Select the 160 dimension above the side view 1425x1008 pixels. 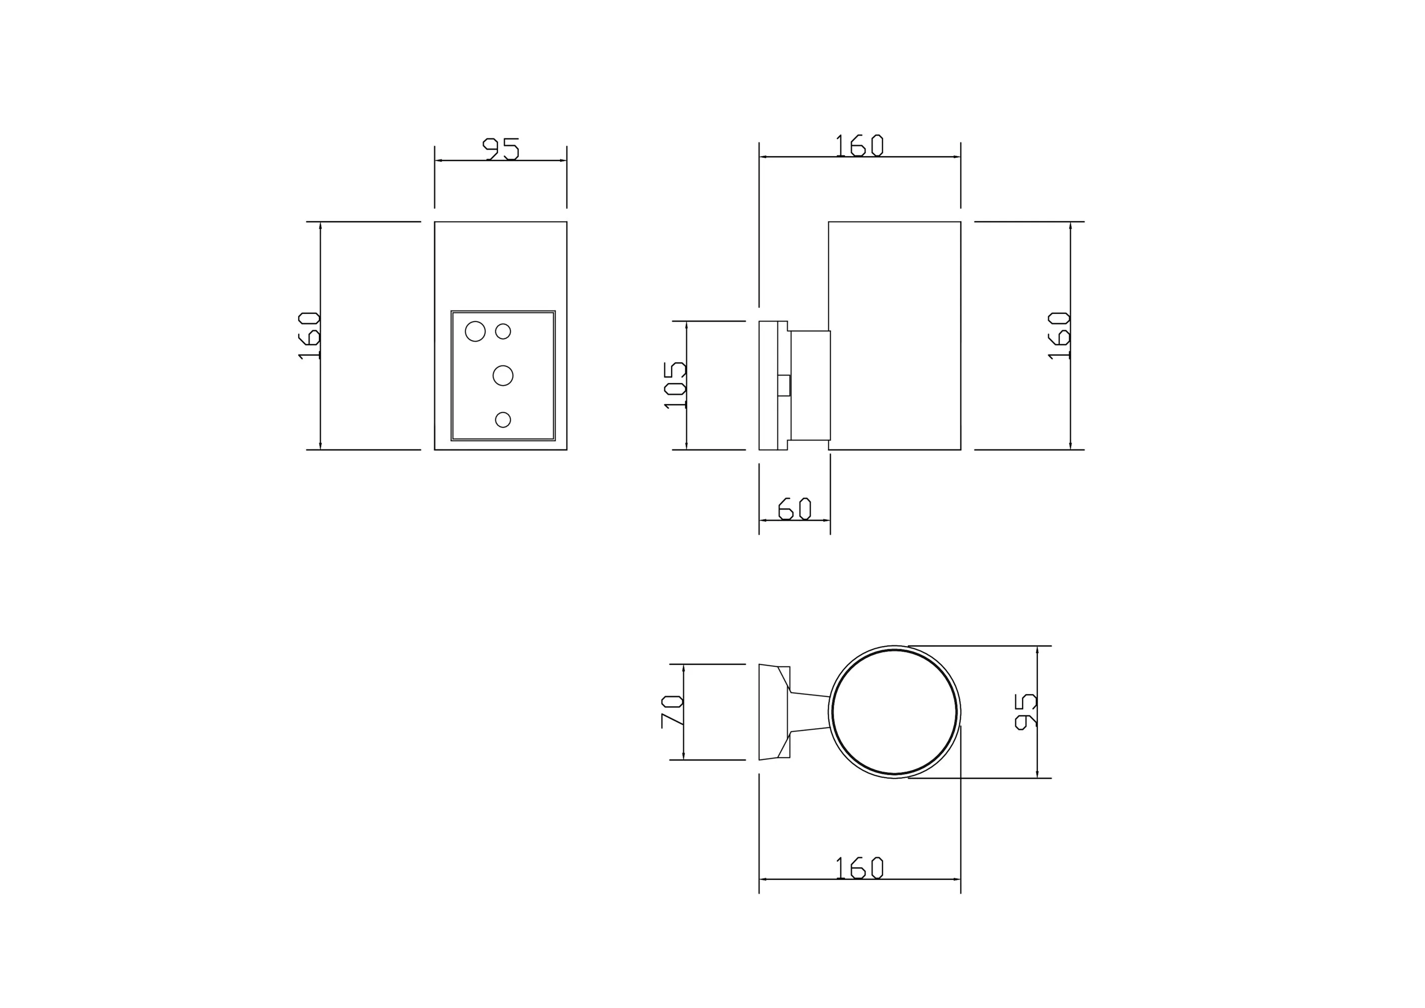(859, 145)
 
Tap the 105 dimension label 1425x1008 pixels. (675, 385)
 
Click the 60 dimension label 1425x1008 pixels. (795, 508)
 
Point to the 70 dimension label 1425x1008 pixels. (672, 712)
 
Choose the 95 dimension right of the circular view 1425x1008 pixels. (1025, 712)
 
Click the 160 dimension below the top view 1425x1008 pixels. (859, 868)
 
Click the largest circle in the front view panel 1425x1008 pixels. (475, 332)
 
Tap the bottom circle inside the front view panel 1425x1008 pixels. (503, 420)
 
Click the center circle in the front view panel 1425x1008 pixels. (503, 376)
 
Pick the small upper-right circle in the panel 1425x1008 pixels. (503, 332)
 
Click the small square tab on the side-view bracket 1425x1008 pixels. (784, 386)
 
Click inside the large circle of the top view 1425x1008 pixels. (894, 712)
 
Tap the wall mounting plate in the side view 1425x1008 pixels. (768, 386)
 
